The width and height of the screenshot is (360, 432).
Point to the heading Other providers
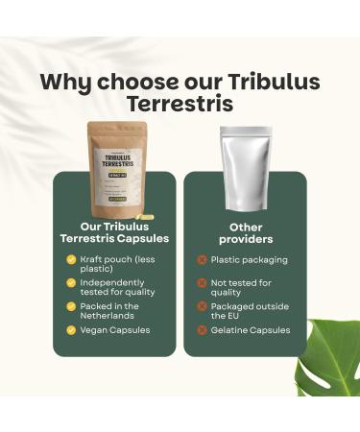coord(246,231)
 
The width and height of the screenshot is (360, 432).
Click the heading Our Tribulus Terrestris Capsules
coord(116,231)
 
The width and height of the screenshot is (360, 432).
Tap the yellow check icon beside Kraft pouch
coord(71,260)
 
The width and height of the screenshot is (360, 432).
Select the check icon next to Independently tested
coord(71,283)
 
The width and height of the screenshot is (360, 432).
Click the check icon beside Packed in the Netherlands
coord(71,307)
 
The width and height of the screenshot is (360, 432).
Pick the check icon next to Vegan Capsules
coord(71,330)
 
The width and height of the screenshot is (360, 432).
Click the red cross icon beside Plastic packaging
coord(202,260)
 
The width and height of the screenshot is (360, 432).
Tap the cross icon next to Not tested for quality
coord(202,283)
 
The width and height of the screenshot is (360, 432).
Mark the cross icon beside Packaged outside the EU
coord(202,307)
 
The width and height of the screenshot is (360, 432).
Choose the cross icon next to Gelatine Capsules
coord(202,330)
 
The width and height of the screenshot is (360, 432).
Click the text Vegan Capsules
coord(115,330)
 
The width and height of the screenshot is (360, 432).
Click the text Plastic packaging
coord(248,260)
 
